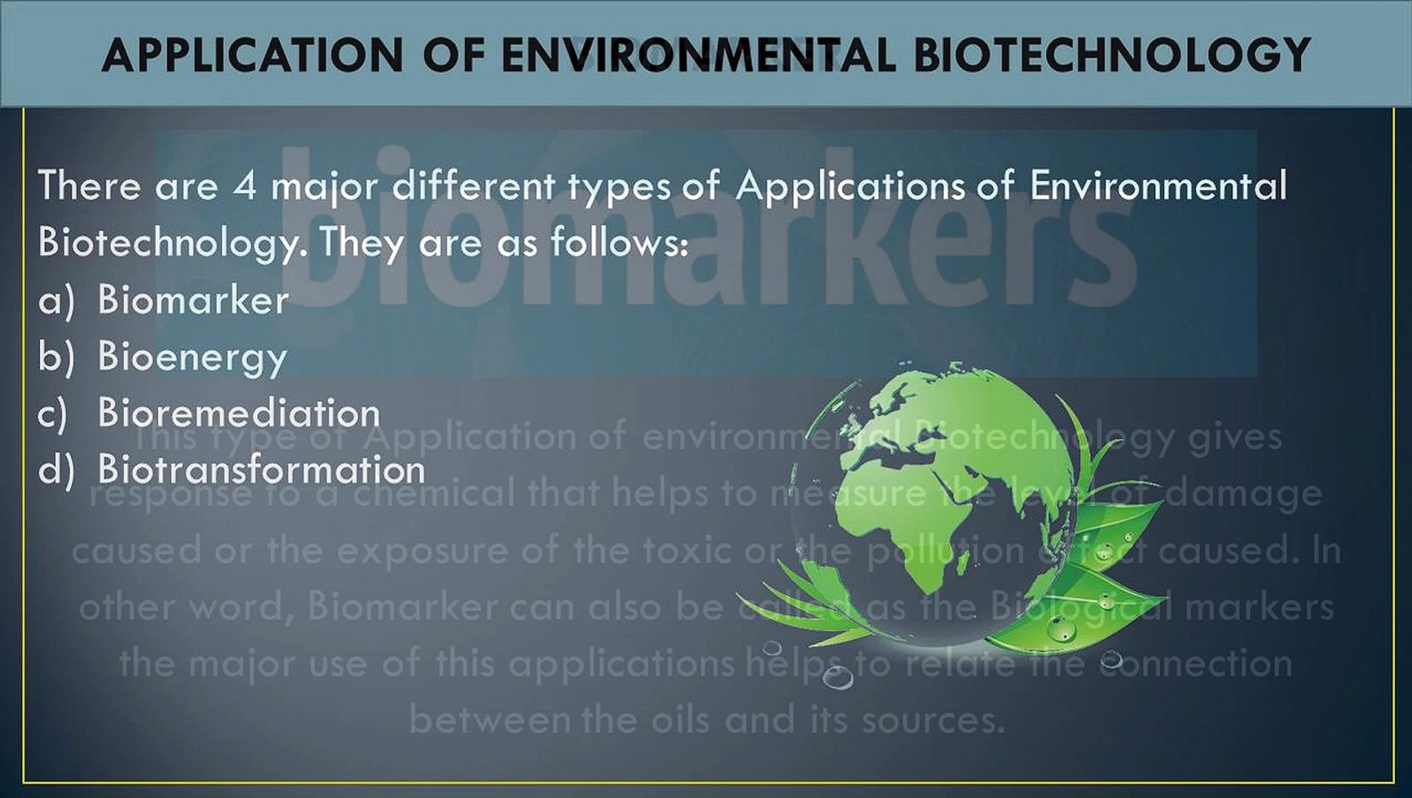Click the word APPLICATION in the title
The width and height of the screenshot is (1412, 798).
click(x=252, y=55)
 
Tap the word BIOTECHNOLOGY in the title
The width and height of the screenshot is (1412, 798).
click(x=1112, y=55)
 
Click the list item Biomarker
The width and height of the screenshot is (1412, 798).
click(x=193, y=301)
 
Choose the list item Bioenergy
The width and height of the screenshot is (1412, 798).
click(x=192, y=358)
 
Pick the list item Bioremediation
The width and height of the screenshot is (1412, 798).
click(x=239, y=413)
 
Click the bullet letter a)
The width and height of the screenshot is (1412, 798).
click(x=56, y=301)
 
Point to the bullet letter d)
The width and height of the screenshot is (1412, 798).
click(x=56, y=470)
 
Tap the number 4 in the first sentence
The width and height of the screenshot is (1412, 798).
click(x=245, y=185)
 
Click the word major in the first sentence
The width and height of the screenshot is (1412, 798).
click(x=325, y=187)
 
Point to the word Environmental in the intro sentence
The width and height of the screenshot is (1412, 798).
click(x=1158, y=185)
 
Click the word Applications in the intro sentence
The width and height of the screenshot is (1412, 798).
click(x=849, y=187)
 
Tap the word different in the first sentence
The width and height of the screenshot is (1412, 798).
click(x=473, y=185)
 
